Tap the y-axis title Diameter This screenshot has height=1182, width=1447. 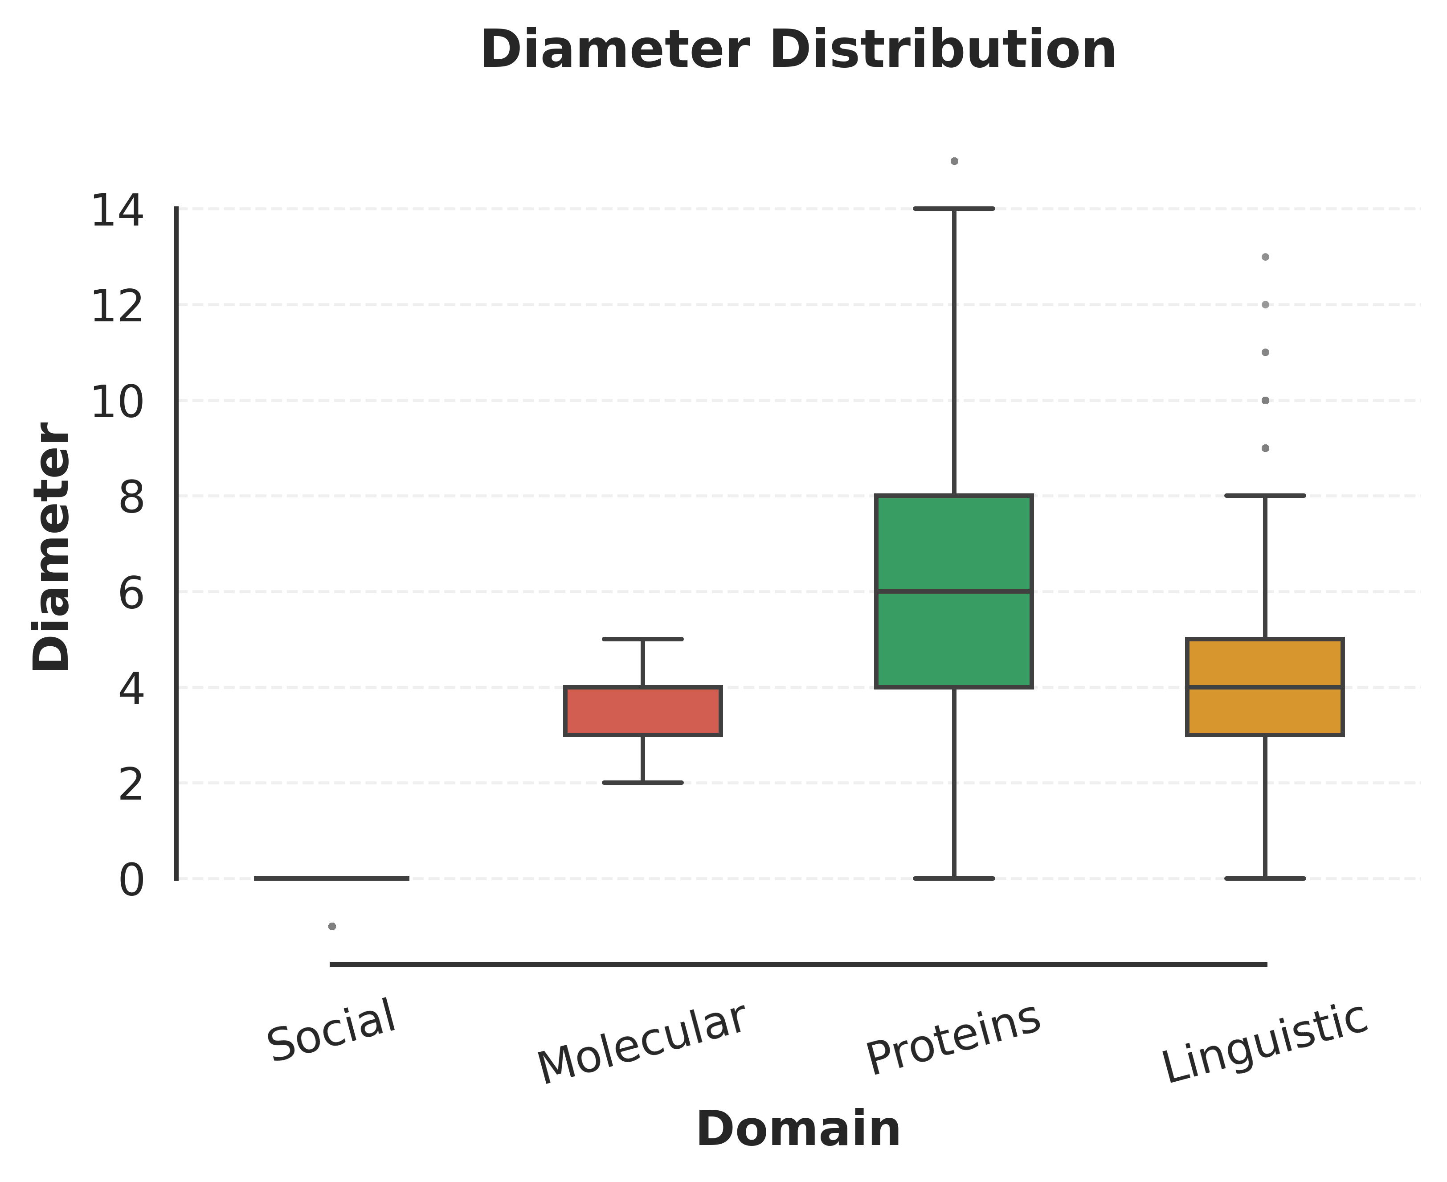52,546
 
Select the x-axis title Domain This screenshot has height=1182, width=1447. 798,1129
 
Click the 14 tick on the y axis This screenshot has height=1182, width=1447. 117,210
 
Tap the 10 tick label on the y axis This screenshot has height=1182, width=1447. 117,402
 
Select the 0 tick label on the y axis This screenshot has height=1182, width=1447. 131,880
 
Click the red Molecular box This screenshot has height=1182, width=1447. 642,711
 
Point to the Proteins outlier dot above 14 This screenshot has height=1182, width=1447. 954,161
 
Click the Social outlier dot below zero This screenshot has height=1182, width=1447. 332,926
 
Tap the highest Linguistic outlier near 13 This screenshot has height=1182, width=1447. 1265,257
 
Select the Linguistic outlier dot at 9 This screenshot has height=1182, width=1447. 1265,448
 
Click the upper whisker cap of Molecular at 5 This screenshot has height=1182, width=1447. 642,639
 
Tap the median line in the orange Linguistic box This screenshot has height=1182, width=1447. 1265,687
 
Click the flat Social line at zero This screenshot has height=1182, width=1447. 331,878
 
